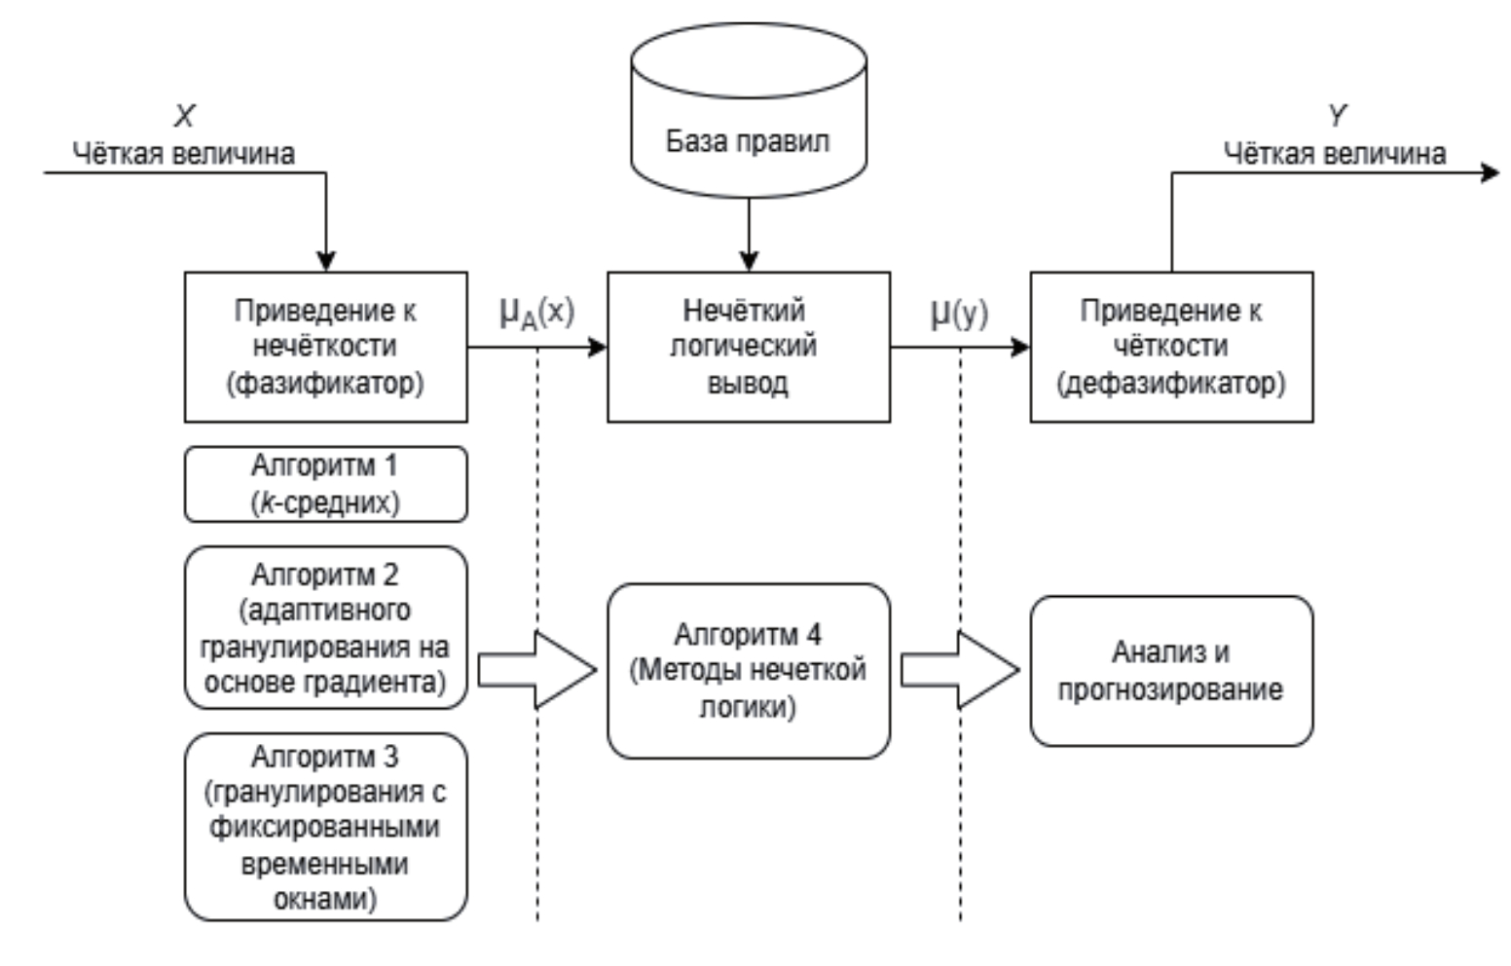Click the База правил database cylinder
tap(748, 112)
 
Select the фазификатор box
tap(325, 347)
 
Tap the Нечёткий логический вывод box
tap(748, 347)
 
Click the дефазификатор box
tap(1171, 347)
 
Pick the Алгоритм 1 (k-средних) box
tap(325, 484)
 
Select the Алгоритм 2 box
tap(325, 627)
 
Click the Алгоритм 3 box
tap(325, 827)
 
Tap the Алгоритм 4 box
tap(748, 671)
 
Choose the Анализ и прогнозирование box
tap(1171, 671)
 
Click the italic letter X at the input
tap(184, 117)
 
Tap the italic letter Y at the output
tap(1337, 117)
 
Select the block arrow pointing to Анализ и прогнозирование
tap(960, 670)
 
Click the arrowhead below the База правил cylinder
tap(748, 260)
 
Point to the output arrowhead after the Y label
tap(1490, 173)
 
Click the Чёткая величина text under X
tap(184, 154)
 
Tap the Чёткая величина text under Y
tap(1334, 154)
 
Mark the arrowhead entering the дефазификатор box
tap(1020, 347)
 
